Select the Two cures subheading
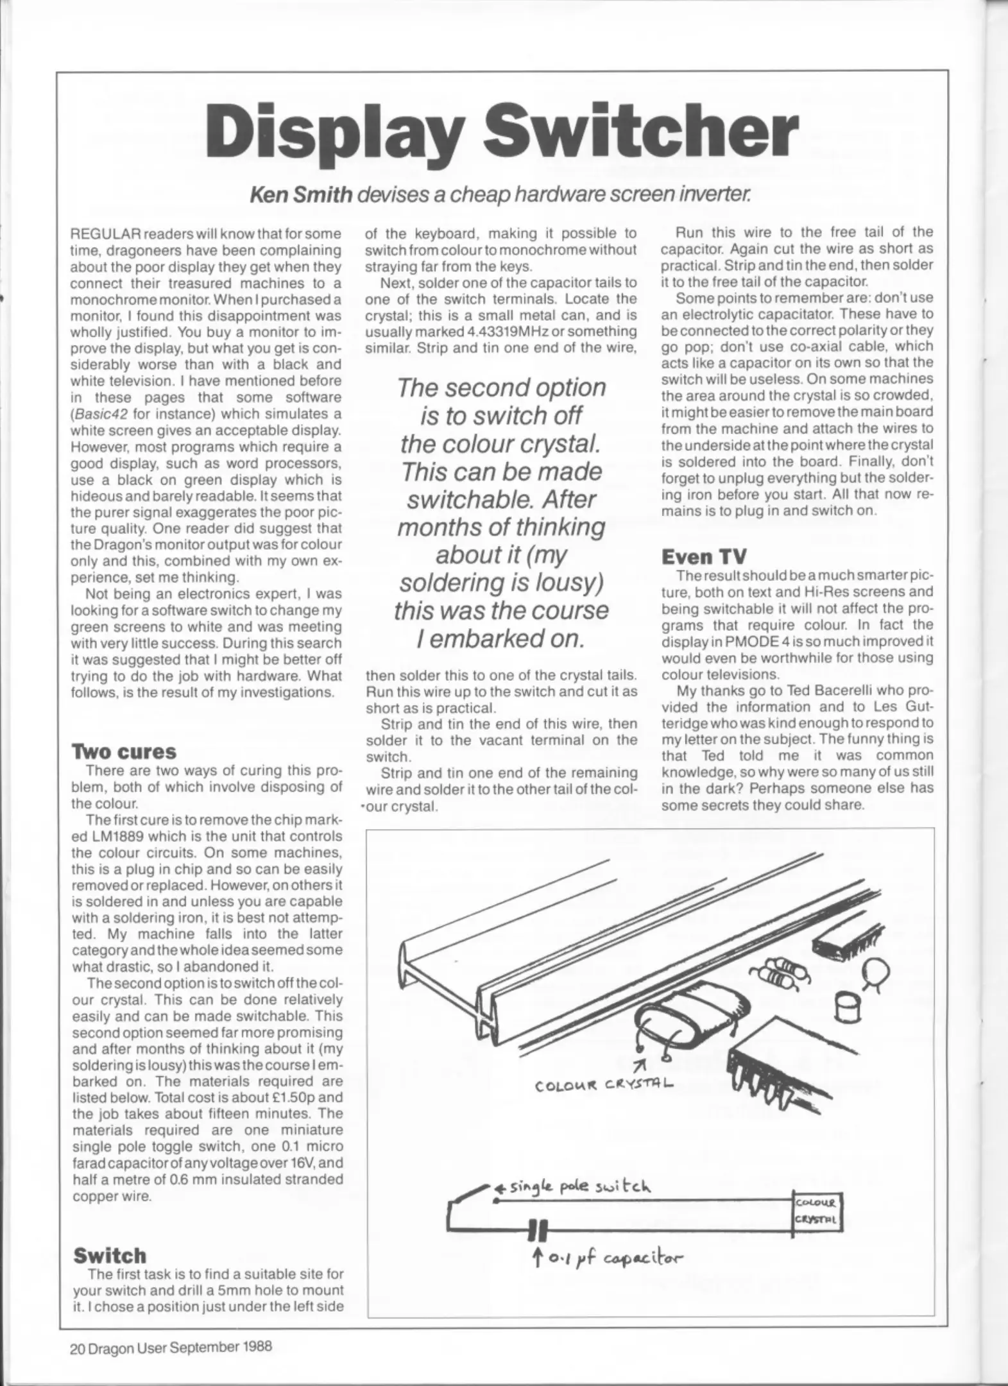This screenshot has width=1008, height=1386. tap(124, 751)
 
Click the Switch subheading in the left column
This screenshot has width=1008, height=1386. tap(110, 1256)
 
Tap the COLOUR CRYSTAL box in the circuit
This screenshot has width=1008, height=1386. tap(817, 1211)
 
